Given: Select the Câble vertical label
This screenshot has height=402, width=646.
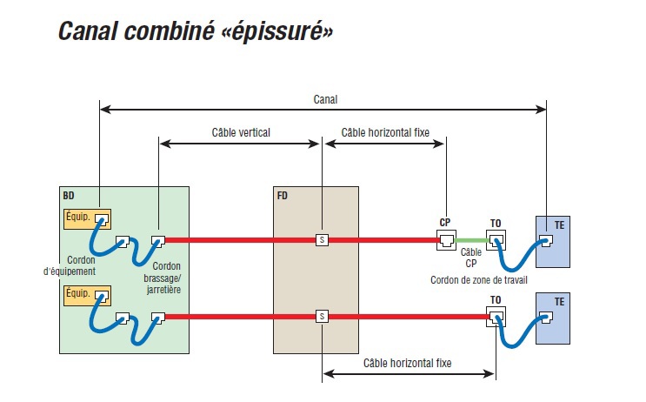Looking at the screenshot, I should pyautogui.click(x=241, y=133).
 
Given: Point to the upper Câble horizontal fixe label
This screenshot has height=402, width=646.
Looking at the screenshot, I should pyautogui.click(x=384, y=133).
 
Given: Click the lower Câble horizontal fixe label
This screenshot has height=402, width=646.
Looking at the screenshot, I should pyautogui.click(x=407, y=362).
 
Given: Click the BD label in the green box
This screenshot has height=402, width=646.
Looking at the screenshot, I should pyautogui.click(x=69, y=196).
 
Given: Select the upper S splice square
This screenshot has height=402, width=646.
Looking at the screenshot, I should pyautogui.click(x=322, y=239).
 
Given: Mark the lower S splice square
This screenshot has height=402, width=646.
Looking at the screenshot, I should pyautogui.click(x=322, y=316).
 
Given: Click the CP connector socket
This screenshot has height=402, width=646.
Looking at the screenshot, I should pyautogui.click(x=445, y=239).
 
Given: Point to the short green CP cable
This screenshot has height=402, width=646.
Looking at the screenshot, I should pyautogui.click(x=470, y=240).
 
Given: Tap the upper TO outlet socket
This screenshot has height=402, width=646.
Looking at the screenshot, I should pyautogui.click(x=496, y=239).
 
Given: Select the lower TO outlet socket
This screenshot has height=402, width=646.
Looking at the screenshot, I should pyautogui.click(x=496, y=316).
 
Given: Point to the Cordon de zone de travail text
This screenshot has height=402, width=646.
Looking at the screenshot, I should pyautogui.click(x=478, y=279).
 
